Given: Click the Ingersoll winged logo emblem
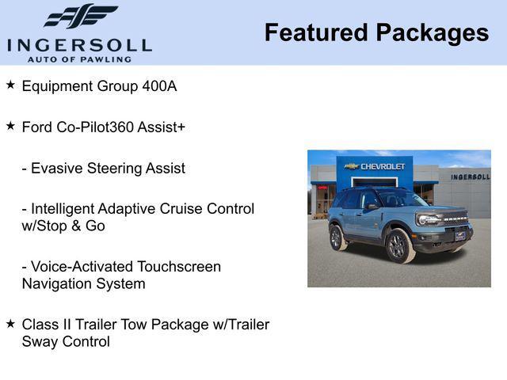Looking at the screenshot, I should (x=80, y=17).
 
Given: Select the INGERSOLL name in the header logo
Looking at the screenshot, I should (x=79, y=44).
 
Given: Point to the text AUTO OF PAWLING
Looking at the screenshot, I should (x=79, y=59).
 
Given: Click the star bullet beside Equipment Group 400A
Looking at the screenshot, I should (x=10, y=85).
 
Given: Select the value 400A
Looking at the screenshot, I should (x=159, y=85).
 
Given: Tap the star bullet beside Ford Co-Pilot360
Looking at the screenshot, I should (x=10, y=126).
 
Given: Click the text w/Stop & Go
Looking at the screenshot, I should (x=63, y=226).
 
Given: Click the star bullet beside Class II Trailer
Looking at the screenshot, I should (x=10, y=324).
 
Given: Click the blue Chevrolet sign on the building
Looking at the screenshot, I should (x=375, y=166).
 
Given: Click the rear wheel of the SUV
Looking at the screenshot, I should (x=337, y=237).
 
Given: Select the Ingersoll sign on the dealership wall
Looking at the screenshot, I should (x=470, y=177).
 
